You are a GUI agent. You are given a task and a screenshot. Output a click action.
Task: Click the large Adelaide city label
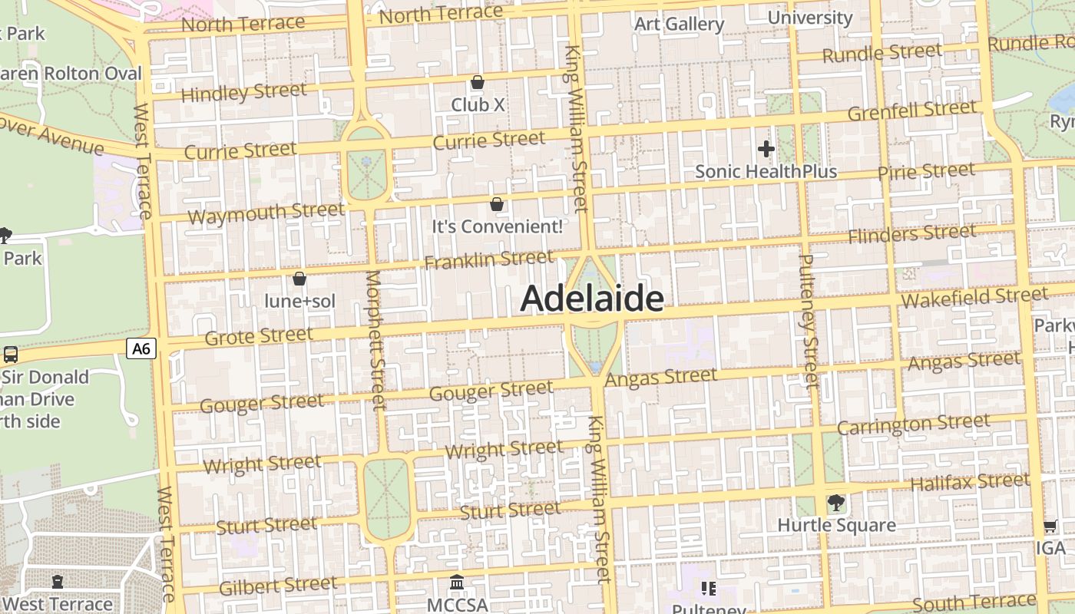point(591,299)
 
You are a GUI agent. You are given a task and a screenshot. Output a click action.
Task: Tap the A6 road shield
point(141,349)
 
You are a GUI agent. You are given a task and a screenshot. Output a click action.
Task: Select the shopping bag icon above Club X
point(478,82)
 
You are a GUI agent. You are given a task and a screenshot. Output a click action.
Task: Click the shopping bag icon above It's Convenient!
point(497,204)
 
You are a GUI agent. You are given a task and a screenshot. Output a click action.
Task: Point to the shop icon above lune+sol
point(299,279)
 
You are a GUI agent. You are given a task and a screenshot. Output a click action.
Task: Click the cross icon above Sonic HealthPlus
point(766,149)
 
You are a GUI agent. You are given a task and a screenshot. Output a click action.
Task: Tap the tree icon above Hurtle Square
point(836,503)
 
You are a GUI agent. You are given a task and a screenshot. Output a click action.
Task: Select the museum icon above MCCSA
point(457,583)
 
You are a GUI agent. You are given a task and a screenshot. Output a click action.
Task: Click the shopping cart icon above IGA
point(1050,527)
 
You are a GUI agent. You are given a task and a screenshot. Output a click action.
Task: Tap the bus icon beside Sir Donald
point(11,355)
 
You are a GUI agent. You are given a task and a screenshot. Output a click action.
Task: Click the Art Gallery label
point(679,24)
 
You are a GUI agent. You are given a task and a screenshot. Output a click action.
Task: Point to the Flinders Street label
point(911,233)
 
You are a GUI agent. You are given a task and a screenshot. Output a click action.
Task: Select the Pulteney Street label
point(809,321)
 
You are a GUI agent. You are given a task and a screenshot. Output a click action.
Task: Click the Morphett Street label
point(375,339)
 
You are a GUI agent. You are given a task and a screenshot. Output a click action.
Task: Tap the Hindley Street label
point(243,93)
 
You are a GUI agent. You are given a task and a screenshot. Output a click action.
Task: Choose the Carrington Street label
point(913,424)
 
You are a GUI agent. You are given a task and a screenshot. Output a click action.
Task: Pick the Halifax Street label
point(969,482)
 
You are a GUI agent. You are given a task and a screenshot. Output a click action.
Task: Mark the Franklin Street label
point(488,259)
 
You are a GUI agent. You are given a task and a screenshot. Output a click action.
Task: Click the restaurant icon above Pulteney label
point(708,589)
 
